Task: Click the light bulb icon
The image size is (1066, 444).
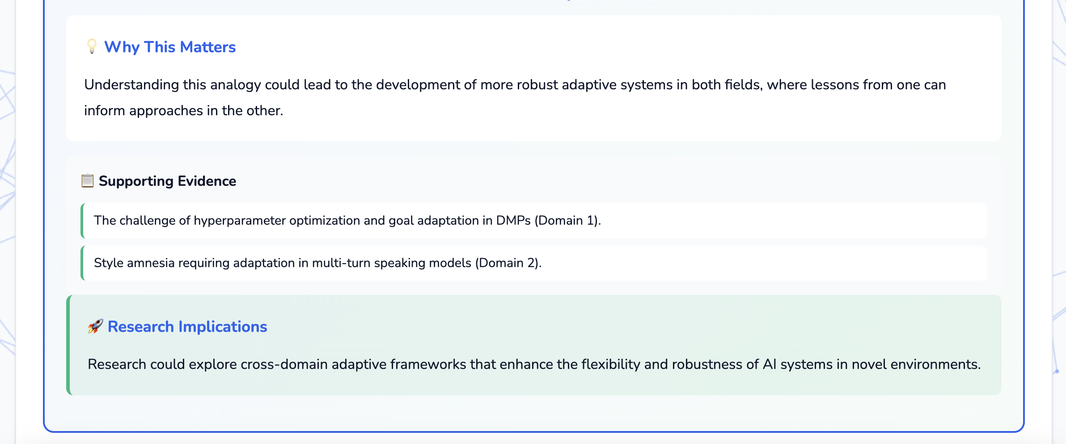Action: click(92, 46)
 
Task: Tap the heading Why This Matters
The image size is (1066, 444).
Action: click(169, 47)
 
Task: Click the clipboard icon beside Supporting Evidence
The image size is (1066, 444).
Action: click(87, 181)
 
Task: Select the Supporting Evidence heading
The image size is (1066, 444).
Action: click(167, 181)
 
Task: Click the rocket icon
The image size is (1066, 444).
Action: click(95, 327)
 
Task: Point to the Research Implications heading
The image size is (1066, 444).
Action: click(187, 327)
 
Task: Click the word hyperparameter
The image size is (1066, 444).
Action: click(240, 221)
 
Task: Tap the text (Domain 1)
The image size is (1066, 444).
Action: click(567, 221)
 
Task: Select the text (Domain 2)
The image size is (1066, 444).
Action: click(508, 263)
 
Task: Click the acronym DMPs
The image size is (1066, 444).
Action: click(513, 221)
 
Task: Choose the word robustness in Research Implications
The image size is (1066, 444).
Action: click(706, 364)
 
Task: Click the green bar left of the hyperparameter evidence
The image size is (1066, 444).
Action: click(82, 221)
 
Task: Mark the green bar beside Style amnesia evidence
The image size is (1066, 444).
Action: click(82, 263)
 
